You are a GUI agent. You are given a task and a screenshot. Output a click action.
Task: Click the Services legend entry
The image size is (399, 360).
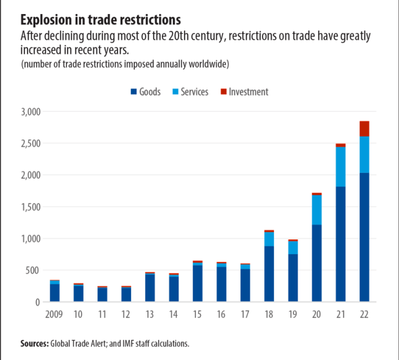pyautogui.click(x=189, y=92)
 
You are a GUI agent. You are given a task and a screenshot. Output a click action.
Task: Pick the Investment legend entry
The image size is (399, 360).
pyautogui.click(x=244, y=92)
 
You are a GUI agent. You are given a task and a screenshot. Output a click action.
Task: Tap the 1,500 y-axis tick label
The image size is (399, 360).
pyautogui.click(x=29, y=207)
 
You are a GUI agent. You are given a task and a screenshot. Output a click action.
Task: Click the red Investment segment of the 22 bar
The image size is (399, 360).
pyautogui.click(x=364, y=129)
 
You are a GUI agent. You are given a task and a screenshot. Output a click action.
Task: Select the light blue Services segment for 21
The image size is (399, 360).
pyautogui.click(x=341, y=166)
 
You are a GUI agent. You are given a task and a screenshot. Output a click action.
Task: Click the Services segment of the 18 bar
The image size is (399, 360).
pyautogui.click(x=269, y=239)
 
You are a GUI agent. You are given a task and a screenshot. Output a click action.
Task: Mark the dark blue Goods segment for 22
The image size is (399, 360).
pyautogui.click(x=364, y=238)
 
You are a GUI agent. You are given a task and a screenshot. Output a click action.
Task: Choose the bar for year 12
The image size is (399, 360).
pyautogui.click(x=126, y=294)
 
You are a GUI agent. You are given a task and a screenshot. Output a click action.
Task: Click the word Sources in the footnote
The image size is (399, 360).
pyautogui.click(x=34, y=344)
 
